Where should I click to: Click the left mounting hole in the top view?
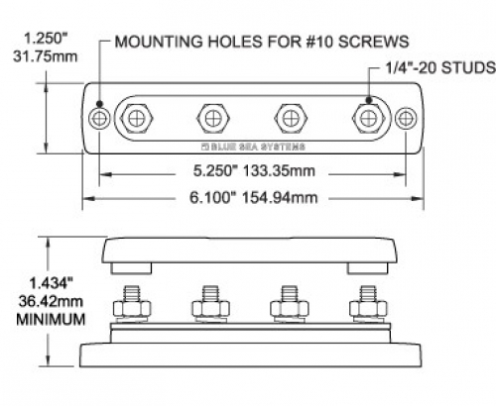click(99, 118)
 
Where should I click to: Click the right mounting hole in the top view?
click(406, 118)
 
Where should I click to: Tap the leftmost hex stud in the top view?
click(137, 118)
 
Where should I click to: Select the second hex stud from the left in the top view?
click(212, 118)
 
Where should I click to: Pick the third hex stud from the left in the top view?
click(291, 118)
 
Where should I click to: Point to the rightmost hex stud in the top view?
click(368, 118)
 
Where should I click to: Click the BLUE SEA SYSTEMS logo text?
click(253, 147)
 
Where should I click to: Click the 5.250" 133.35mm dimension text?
click(254, 171)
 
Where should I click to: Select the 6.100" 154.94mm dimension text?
click(253, 198)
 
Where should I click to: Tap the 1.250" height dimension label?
click(46, 39)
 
